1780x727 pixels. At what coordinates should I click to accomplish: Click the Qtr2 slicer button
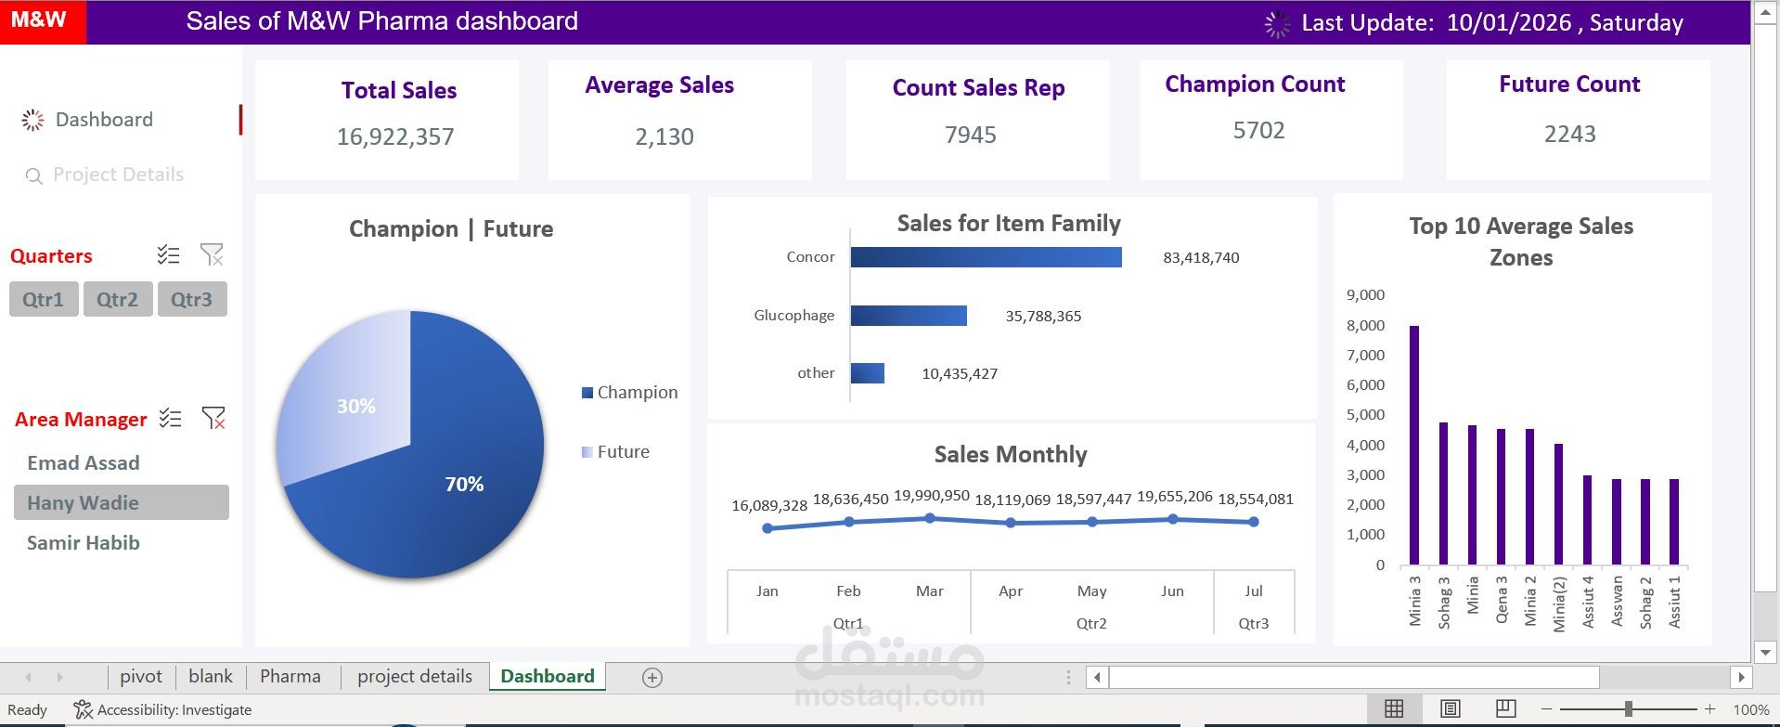point(118,300)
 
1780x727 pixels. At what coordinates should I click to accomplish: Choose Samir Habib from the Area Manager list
point(84,543)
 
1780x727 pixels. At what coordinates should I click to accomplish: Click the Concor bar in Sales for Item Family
point(986,257)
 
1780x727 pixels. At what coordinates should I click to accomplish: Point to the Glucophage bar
point(909,316)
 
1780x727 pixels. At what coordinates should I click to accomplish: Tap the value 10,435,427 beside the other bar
point(960,374)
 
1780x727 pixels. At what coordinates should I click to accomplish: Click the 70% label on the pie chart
point(464,484)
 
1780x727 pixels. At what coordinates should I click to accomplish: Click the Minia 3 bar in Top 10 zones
point(1414,445)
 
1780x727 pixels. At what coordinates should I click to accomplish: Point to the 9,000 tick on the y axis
point(1365,295)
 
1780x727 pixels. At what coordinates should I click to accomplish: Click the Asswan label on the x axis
point(1617,601)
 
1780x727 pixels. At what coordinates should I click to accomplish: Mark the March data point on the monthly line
point(930,518)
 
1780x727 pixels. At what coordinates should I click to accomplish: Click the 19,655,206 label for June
point(1174,497)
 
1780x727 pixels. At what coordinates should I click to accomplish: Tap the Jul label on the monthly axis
point(1254,591)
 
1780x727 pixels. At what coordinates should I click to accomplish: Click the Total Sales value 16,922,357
point(395,137)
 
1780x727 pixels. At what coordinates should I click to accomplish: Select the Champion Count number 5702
point(1259,131)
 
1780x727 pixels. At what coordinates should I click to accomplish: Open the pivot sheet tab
point(141,677)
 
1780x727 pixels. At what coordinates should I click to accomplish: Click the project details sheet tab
point(415,677)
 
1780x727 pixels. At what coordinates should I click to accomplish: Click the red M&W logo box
point(43,21)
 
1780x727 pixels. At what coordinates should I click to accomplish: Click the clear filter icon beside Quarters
point(212,254)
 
